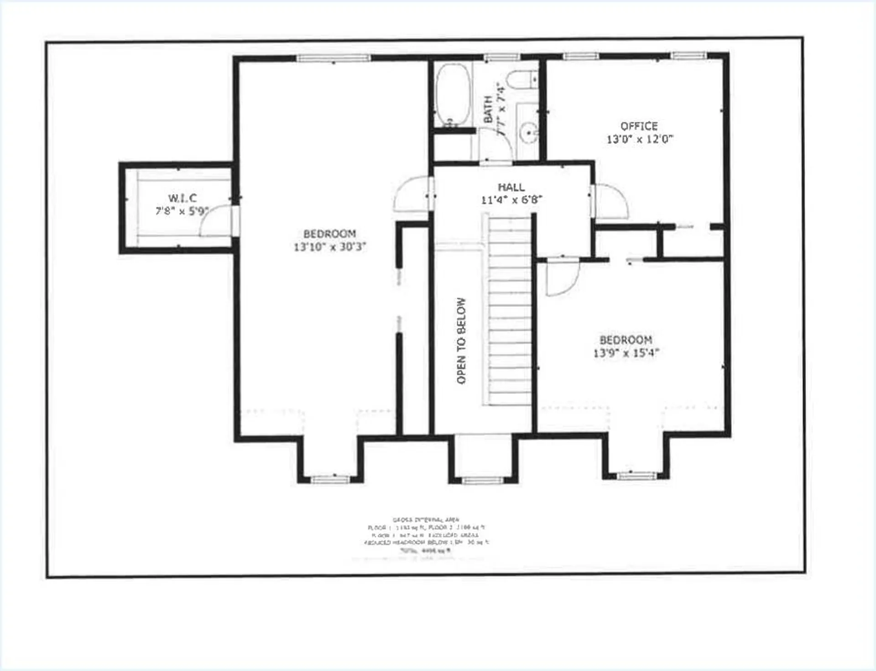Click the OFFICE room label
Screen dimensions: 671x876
(639, 126)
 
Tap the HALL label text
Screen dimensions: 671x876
(511, 187)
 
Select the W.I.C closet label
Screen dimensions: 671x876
(182, 198)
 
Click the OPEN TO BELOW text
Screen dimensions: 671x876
(461, 341)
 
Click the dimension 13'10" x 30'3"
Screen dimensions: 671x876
(329, 247)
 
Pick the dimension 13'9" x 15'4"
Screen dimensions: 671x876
(626, 353)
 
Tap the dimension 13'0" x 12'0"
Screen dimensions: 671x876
(640, 139)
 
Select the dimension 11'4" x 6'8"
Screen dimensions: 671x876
(511, 200)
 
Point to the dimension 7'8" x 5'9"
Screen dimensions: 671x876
(182, 211)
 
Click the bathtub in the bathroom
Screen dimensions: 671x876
(452, 95)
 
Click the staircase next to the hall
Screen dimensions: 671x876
(510, 310)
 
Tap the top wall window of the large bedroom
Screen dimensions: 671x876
(334, 58)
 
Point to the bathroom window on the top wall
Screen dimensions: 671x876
(501, 57)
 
